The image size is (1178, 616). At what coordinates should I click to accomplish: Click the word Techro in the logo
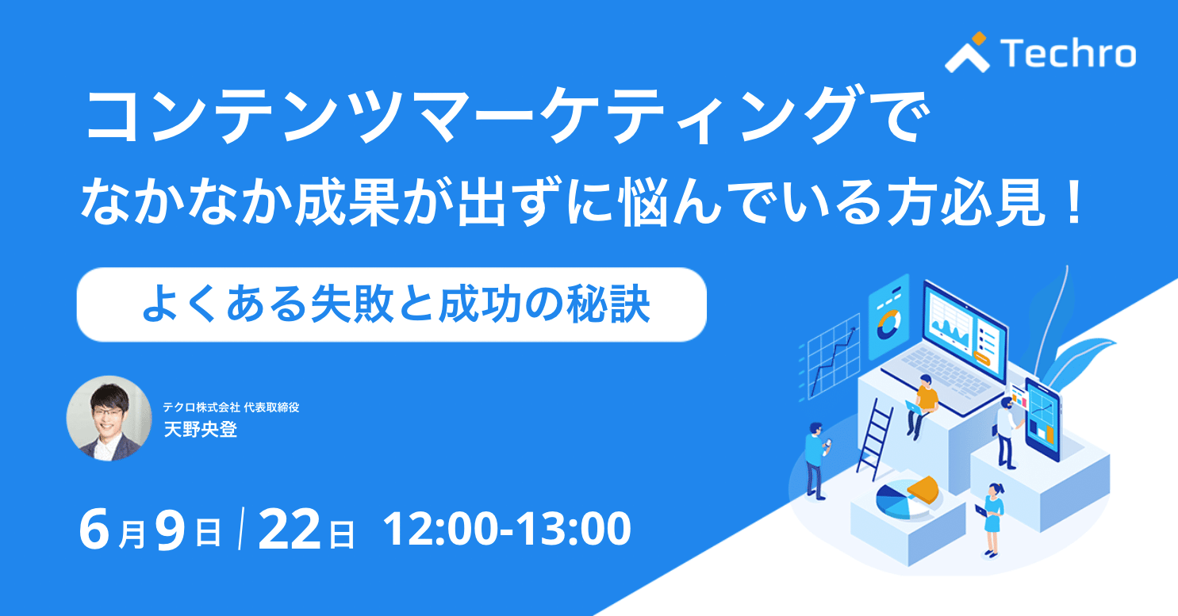pyautogui.click(x=1068, y=53)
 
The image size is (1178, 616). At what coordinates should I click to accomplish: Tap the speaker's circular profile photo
pyautogui.click(x=109, y=419)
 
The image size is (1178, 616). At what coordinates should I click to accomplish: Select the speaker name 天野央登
pyautogui.click(x=201, y=430)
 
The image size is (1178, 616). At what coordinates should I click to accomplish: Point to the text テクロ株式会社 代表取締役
pyautogui.click(x=231, y=407)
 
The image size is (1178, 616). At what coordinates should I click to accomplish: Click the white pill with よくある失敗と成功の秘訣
pyautogui.click(x=392, y=305)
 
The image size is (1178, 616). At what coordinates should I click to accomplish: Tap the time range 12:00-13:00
pyautogui.click(x=507, y=529)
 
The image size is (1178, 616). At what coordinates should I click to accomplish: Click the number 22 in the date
pyautogui.click(x=290, y=530)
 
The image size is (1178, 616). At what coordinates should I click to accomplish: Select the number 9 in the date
pyautogui.click(x=171, y=530)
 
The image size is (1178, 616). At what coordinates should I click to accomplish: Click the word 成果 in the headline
pyautogui.click(x=347, y=203)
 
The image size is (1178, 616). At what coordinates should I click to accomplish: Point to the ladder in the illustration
pyautogui.click(x=874, y=439)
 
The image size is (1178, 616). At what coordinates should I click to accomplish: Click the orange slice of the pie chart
pyautogui.click(x=923, y=489)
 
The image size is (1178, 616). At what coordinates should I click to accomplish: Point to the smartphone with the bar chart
pyautogui.click(x=1043, y=419)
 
